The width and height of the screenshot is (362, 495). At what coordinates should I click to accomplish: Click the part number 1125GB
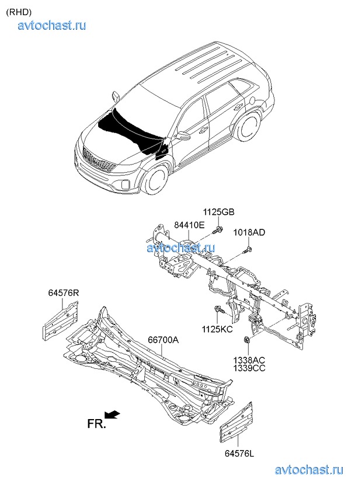pos(219,212)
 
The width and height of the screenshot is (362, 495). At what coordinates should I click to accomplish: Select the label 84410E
pos(189,225)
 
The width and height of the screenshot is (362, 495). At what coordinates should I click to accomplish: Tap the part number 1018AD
pos(250,232)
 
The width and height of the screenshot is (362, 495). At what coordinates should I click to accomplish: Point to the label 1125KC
pos(217,329)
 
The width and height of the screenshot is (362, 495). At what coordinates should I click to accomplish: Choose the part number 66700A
pos(163,339)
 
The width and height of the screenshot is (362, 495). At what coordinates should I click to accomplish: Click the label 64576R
pos(63,292)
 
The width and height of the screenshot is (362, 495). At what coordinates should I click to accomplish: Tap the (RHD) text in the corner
pos(19,12)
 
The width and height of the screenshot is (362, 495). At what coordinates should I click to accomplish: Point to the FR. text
pos(97,424)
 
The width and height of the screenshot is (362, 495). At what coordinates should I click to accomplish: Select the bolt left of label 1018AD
pos(245,250)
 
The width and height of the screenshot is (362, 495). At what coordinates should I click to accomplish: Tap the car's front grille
pos(96,160)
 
